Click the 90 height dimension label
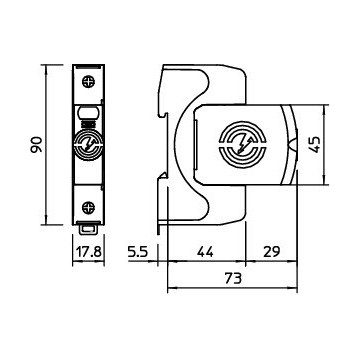37,144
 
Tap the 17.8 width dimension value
88,251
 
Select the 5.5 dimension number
137,251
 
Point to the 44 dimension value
205,251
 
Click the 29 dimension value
271,251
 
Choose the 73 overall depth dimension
233,278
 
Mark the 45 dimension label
315,144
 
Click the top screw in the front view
88,81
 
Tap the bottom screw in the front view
88,207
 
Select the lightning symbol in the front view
88,145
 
